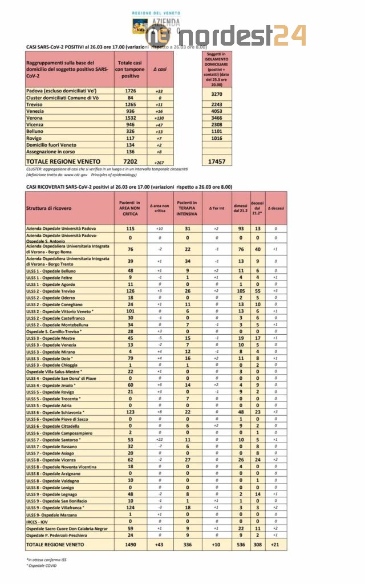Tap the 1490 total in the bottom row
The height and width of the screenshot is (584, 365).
(x=130, y=544)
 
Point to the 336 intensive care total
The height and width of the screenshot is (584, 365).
(x=186, y=544)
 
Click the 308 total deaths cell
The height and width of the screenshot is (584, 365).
(x=257, y=544)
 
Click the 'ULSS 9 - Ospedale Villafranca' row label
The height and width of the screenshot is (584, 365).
(x=55, y=507)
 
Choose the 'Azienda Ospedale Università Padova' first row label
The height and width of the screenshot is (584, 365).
(x=62, y=229)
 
